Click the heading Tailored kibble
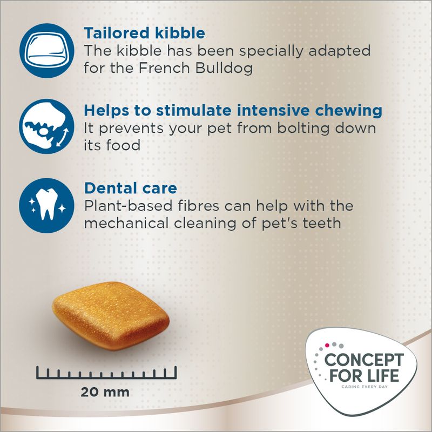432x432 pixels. (144, 33)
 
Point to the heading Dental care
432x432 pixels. (130, 189)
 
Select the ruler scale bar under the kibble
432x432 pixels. (107, 372)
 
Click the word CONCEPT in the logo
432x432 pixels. (363, 360)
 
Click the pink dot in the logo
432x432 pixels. (327, 343)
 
